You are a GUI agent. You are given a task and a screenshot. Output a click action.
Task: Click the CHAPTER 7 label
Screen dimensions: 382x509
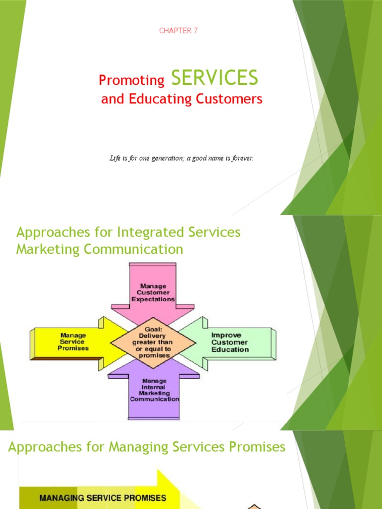tap(179, 31)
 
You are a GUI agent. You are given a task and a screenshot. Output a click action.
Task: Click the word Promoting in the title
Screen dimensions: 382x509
tap(132, 80)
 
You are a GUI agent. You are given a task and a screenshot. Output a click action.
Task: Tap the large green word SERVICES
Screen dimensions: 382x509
tap(214, 78)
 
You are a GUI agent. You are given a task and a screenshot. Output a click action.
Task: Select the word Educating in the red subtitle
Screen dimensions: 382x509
tap(152, 99)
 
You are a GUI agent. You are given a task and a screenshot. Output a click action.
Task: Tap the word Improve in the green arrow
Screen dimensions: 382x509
tap(226, 335)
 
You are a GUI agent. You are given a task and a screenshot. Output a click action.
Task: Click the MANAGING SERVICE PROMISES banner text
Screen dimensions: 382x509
tap(102, 498)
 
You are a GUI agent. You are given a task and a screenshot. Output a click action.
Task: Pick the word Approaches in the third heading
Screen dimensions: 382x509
tap(44, 447)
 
